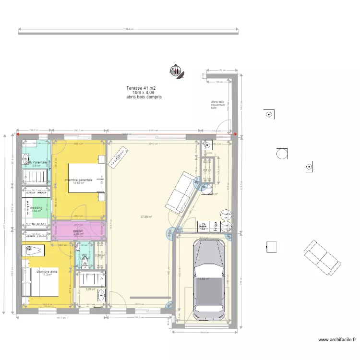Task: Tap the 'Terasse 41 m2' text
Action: click(x=141, y=88)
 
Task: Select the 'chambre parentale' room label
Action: click(x=79, y=180)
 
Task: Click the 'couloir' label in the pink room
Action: click(x=78, y=231)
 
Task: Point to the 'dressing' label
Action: click(x=36, y=208)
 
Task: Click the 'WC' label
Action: click(x=84, y=255)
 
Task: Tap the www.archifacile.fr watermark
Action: click(x=337, y=339)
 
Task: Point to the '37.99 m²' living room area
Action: click(x=146, y=216)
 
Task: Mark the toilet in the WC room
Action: click(x=84, y=261)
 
